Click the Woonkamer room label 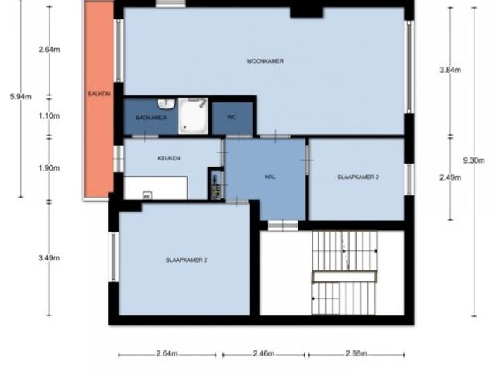[x=265, y=60]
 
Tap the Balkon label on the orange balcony [x=99, y=94]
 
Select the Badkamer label [x=151, y=118]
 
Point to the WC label [x=232, y=117]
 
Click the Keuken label [x=169, y=158]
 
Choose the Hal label [x=270, y=177]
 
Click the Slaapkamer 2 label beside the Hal [x=358, y=177]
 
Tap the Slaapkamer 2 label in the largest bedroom [x=186, y=260]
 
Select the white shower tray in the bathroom [x=193, y=115]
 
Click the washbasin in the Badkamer [x=166, y=103]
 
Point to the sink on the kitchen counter [x=147, y=195]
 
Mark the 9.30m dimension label [x=474, y=160]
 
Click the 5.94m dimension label [x=21, y=96]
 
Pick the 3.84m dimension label [x=450, y=70]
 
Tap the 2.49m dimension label [x=450, y=177]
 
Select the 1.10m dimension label [x=50, y=115]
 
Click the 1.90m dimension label [x=50, y=168]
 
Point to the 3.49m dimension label [x=50, y=258]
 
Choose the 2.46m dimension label [x=263, y=353]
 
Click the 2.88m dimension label [x=356, y=353]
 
